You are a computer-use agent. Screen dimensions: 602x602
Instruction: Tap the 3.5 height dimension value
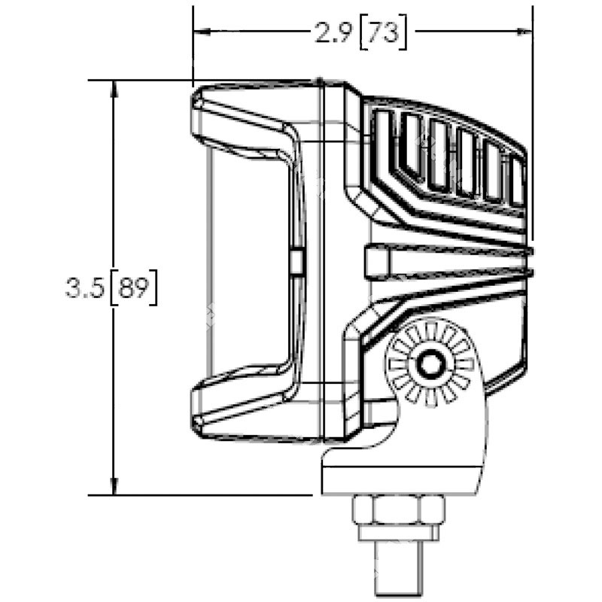(84, 288)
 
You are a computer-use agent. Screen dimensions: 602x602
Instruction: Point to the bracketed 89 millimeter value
(133, 288)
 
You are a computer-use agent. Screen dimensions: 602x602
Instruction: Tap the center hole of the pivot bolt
(431, 364)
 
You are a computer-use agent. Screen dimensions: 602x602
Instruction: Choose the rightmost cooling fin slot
(517, 181)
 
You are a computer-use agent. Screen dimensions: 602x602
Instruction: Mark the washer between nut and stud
(398, 533)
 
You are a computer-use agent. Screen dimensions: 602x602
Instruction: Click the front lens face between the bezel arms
(248, 263)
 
